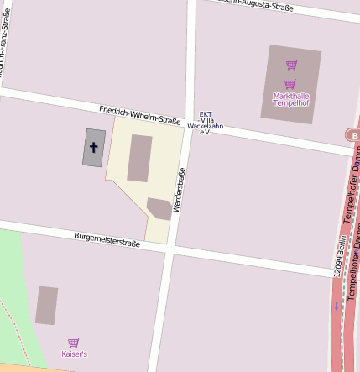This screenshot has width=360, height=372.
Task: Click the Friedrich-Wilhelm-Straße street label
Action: click(139, 115)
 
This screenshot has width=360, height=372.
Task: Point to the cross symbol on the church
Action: click(93, 147)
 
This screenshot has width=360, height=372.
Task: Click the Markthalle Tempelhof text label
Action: click(291, 98)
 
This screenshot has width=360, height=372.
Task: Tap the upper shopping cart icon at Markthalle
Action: click(291, 65)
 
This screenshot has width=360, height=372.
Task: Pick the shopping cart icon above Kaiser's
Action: click(74, 343)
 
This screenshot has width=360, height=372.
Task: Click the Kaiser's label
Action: click(74, 354)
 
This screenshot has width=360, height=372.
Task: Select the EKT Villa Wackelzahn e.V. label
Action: click(205, 123)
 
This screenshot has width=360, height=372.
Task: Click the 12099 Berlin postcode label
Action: click(339, 256)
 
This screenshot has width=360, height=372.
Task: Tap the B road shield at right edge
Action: click(353, 134)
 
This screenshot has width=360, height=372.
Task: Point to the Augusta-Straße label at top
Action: click(256, 5)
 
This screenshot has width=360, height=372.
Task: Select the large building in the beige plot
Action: click(139, 158)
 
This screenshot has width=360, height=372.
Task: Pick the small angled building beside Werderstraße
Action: click(159, 208)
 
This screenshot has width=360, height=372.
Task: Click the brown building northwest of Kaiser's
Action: click(47, 305)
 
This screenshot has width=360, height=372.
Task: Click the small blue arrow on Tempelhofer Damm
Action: click(337, 306)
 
